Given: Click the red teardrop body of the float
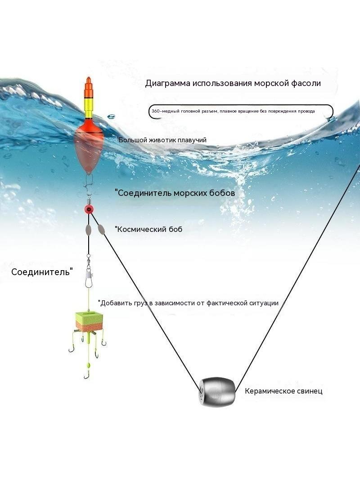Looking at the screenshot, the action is pyautogui.click(x=88, y=147).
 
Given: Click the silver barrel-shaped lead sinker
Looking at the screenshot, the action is pyautogui.click(x=217, y=391).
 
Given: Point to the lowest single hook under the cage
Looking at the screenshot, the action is pyautogui.click(x=87, y=374).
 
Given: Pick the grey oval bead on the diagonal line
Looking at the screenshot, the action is pyautogui.click(x=101, y=230).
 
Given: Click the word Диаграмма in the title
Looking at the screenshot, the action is pyautogui.click(x=167, y=83).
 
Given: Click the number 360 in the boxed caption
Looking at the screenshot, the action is pyautogui.click(x=156, y=111).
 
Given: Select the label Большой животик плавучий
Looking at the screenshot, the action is pyautogui.click(x=162, y=140).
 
